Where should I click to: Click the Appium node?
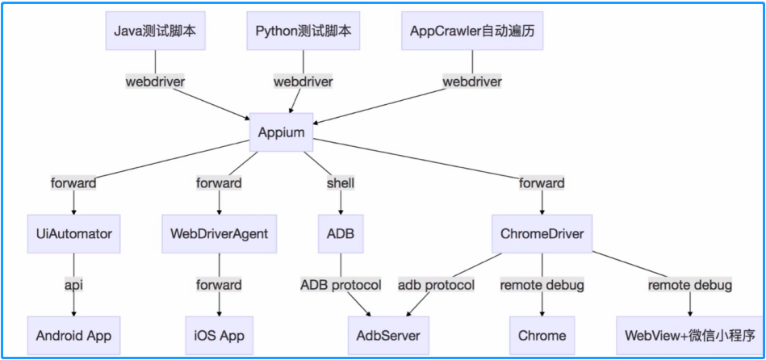click(281, 132)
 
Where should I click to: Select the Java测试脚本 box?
click(155, 31)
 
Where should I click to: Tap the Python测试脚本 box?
click(303, 31)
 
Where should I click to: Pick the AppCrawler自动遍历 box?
click(472, 31)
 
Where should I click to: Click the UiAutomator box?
click(74, 234)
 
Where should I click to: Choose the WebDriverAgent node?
click(219, 234)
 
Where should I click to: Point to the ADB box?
click(340, 234)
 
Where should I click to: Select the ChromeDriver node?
click(542, 234)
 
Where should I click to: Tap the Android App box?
click(73, 335)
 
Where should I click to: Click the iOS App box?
click(219, 335)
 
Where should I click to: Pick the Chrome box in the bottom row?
click(542, 335)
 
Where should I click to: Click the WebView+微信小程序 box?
click(690, 335)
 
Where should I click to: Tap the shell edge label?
click(340, 183)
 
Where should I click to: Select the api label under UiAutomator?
click(74, 285)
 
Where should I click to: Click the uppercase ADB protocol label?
click(341, 285)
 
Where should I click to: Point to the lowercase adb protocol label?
click(437, 285)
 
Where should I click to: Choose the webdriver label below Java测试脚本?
click(155, 82)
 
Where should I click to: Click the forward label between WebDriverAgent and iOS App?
click(219, 285)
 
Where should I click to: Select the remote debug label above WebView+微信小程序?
click(690, 285)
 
